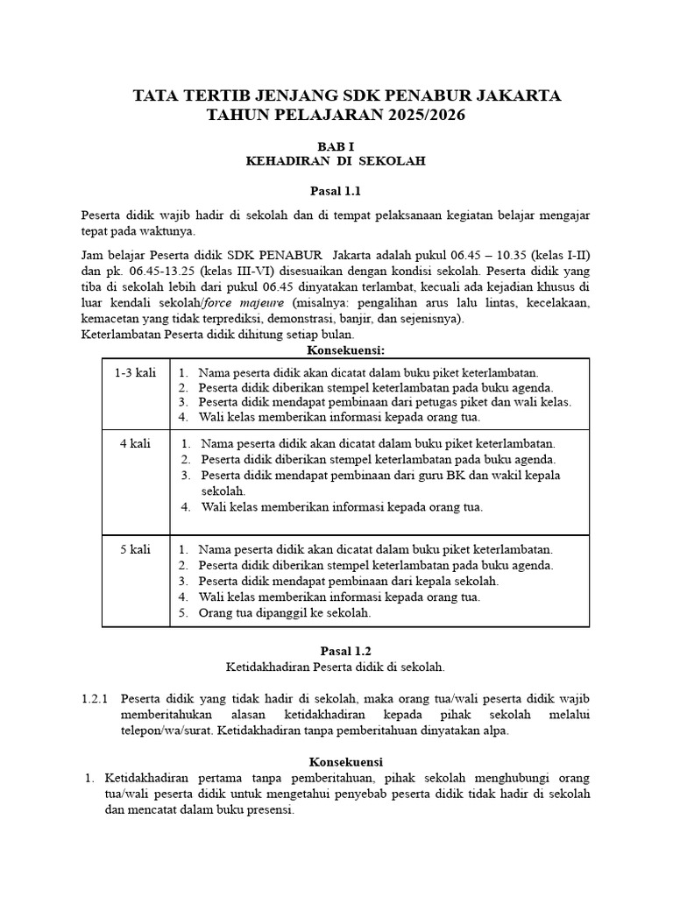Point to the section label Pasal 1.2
tap(336, 650)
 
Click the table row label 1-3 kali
tap(136, 372)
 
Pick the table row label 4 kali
tap(136, 444)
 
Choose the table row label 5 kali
tap(136, 549)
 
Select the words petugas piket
tap(454, 402)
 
